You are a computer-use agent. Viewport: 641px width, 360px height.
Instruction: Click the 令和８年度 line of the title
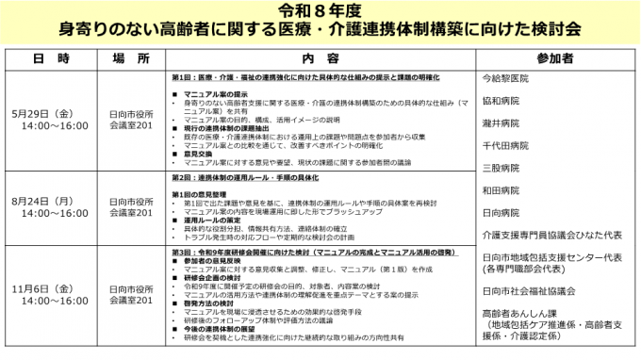click(x=320, y=11)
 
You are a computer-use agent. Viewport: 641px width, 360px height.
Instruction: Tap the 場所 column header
click(x=130, y=58)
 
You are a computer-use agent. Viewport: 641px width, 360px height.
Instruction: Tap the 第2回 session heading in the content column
click(x=245, y=176)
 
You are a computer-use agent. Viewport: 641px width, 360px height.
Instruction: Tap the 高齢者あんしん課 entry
click(x=519, y=312)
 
